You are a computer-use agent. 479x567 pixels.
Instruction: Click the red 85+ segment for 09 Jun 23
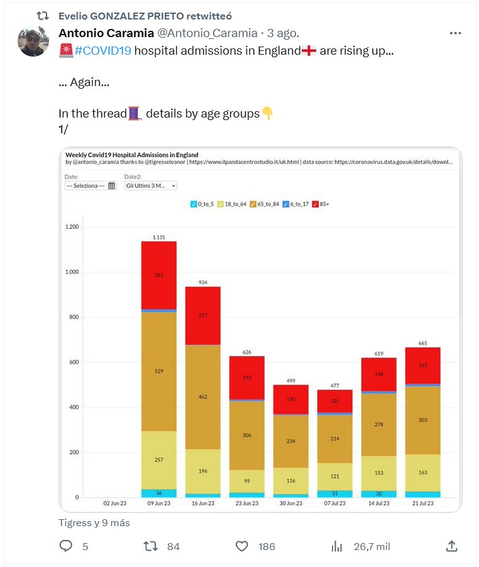click(158, 275)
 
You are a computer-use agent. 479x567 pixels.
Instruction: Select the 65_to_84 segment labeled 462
click(202, 397)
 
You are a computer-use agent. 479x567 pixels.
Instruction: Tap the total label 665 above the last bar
click(422, 343)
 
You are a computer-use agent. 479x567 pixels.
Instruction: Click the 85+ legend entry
click(325, 204)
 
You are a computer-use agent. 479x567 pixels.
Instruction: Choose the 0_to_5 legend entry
click(202, 204)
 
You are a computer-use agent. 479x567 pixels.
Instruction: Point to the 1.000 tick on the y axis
click(74, 272)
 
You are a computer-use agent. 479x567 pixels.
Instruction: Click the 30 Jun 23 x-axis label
click(290, 503)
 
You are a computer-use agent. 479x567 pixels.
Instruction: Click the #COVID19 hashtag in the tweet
click(102, 51)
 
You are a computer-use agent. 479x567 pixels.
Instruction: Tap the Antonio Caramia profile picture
click(33, 41)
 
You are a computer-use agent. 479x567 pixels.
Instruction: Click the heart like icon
click(242, 546)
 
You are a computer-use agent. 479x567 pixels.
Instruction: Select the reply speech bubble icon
click(66, 546)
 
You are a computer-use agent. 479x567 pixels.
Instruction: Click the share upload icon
click(451, 546)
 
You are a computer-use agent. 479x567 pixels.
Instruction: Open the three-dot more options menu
click(456, 33)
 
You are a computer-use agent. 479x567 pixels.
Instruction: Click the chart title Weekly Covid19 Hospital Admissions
click(132, 155)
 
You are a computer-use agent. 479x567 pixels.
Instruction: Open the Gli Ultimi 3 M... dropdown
click(151, 186)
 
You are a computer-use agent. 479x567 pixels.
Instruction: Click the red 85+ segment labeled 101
click(334, 401)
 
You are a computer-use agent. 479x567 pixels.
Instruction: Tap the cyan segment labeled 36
click(158, 493)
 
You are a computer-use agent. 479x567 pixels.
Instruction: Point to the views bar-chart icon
click(337, 546)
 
